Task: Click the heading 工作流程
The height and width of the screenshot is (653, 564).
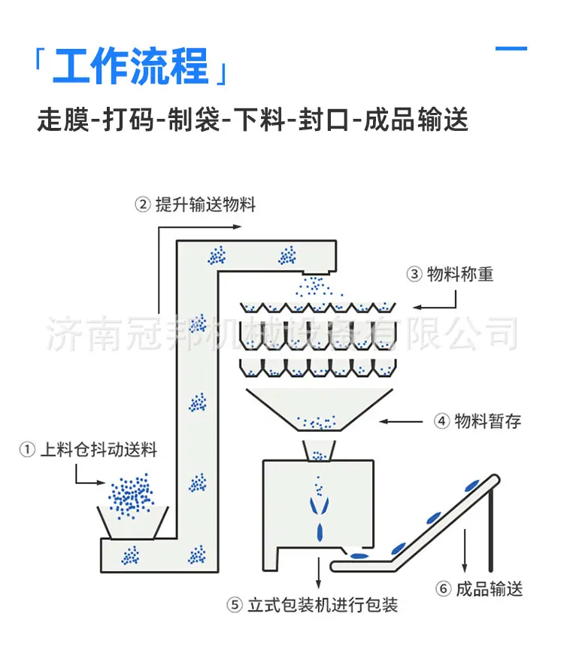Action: click(x=130, y=65)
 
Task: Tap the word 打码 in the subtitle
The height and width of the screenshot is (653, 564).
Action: click(x=129, y=120)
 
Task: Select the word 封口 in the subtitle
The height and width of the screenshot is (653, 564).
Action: click(x=323, y=120)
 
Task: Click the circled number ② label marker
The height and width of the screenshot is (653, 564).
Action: click(x=143, y=205)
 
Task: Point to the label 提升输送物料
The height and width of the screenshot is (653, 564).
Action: click(x=205, y=205)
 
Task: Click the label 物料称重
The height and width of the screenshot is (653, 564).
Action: click(x=460, y=274)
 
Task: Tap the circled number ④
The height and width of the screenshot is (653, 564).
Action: click(x=441, y=421)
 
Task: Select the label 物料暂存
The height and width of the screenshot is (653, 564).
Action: click(x=488, y=421)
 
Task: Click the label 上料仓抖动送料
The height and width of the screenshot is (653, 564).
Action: click(x=99, y=450)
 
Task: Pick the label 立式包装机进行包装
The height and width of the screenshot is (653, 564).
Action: click(x=323, y=605)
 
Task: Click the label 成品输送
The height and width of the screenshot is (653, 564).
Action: click(x=490, y=589)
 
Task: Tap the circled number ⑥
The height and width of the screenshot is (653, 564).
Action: click(x=443, y=589)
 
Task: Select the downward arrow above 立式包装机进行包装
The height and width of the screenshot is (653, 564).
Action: click(x=319, y=573)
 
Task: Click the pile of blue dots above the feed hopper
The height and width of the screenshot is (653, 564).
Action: click(x=131, y=496)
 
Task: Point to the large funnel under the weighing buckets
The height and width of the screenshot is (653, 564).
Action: click(x=320, y=410)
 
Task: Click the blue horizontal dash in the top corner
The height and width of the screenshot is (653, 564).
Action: click(x=511, y=49)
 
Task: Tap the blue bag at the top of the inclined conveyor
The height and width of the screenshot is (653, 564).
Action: click(x=472, y=485)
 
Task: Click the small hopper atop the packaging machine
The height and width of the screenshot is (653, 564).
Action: click(x=320, y=451)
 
